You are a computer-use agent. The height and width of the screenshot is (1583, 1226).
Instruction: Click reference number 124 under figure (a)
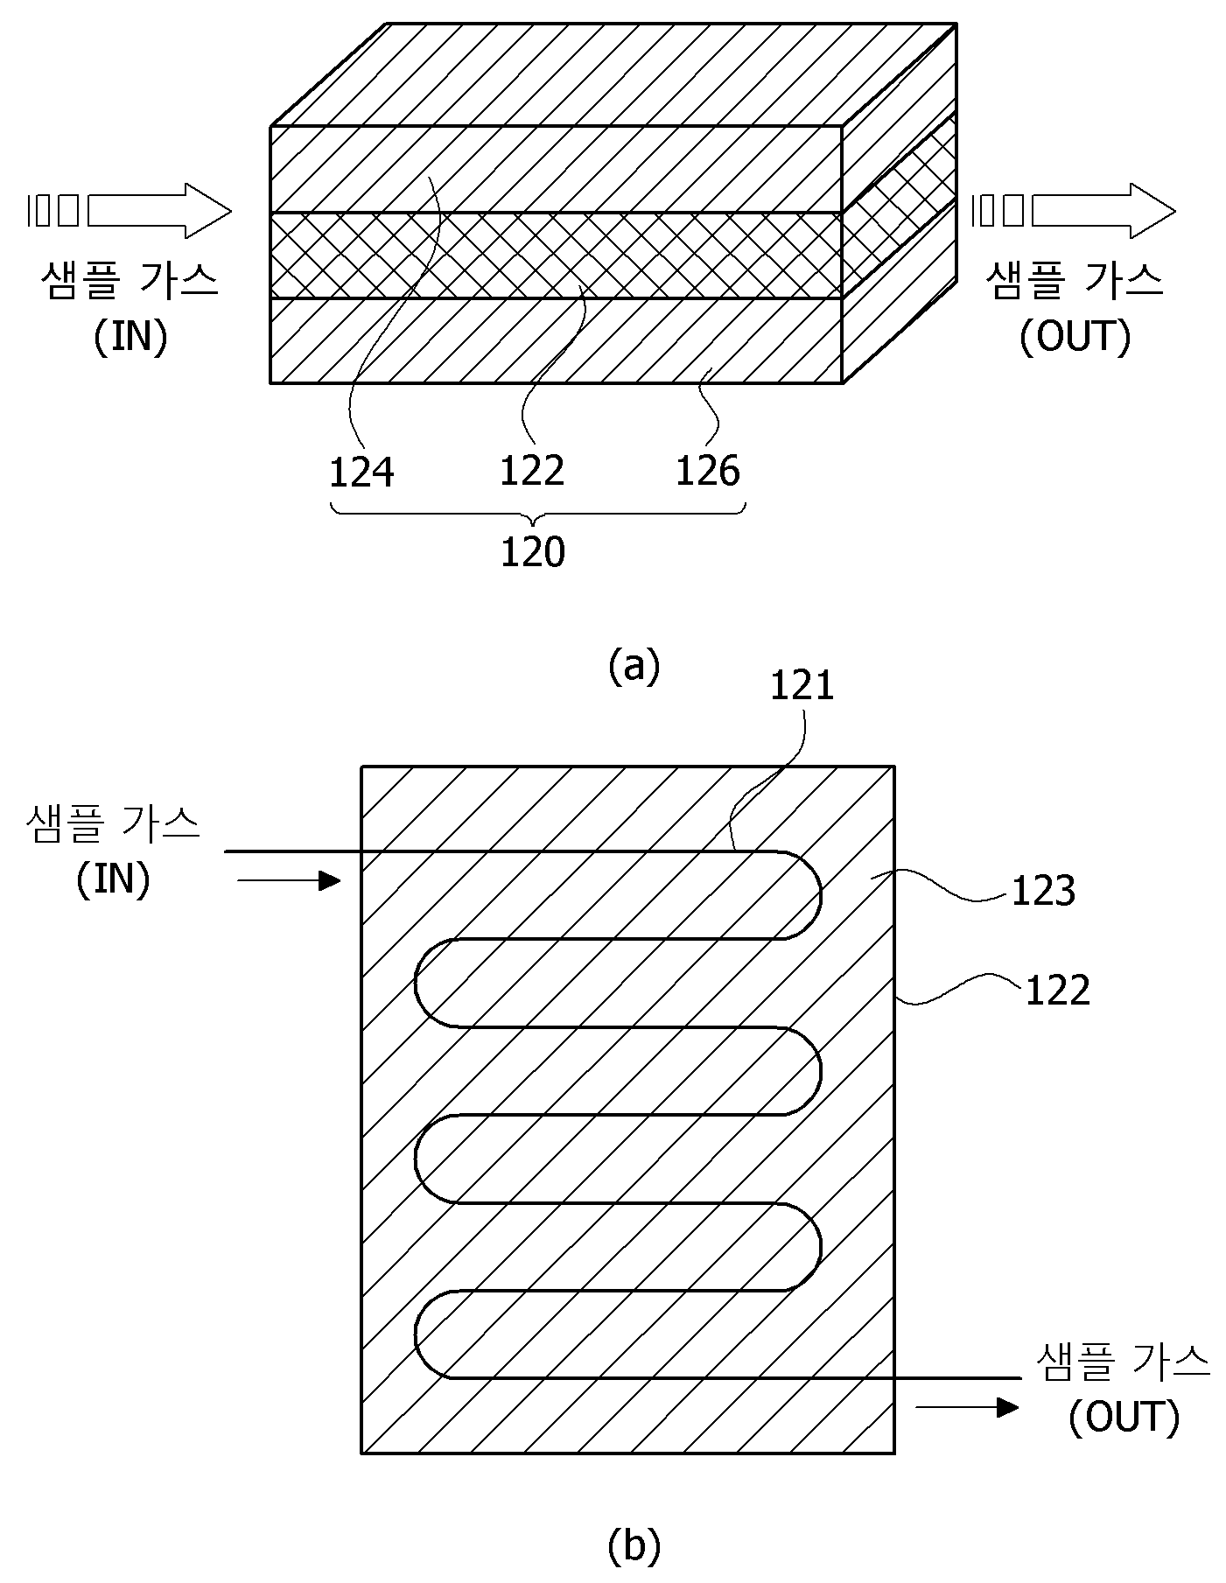pyautogui.click(x=361, y=473)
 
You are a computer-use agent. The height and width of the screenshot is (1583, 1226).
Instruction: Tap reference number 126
pyautogui.click(x=708, y=471)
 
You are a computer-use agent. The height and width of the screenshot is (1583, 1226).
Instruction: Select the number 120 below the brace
pyautogui.click(x=533, y=552)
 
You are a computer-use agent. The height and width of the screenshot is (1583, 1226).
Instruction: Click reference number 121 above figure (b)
pyautogui.click(x=802, y=686)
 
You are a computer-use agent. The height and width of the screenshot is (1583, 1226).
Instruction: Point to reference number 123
pyautogui.click(x=1043, y=892)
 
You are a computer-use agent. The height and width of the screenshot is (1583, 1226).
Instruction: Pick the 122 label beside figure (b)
pyautogui.click(x=1057, y=991)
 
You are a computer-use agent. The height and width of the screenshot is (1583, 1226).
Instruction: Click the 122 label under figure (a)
pyautogui.click(x=532, y=471)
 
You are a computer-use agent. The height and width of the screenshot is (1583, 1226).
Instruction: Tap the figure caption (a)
pyautogui.click(x=634, y=666)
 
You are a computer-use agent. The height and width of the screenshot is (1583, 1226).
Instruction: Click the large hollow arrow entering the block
pyautogui.click(x=158, y=211)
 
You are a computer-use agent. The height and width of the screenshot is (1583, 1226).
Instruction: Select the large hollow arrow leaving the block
pyautogui.click(x=1103, y=211)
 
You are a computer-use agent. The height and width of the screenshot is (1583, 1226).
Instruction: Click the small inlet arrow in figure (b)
pyautogui.click(x=288, y=880)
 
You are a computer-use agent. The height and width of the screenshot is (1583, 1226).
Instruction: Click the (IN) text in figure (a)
pyautogui.click(x=130, y=336)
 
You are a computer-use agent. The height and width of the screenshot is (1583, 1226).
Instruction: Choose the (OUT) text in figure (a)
pyautogui.click(x=1075, y=336)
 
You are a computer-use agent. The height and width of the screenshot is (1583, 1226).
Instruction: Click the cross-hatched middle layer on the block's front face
pyautogui.click(x=556, y=256)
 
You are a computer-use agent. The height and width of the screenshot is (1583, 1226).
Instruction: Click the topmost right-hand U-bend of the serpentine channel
pyautogui.click(x=818, y=895)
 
